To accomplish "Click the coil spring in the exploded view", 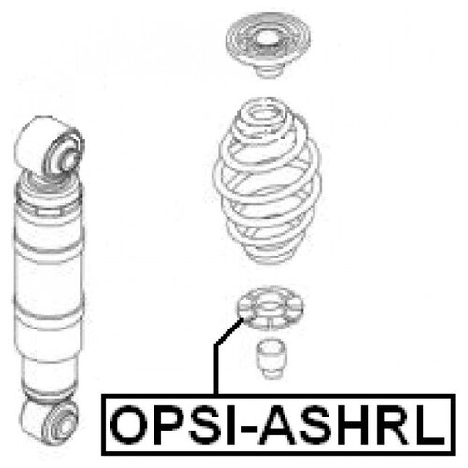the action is pos(268,181).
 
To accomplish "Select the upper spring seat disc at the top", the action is pos(268,44).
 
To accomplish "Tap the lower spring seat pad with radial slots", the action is pos(270,310).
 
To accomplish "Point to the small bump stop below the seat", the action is pos(271,358).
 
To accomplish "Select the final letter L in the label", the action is pos(429,425).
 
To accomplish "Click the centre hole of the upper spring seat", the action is pos(268,38).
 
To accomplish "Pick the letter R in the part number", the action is pos(396,425).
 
